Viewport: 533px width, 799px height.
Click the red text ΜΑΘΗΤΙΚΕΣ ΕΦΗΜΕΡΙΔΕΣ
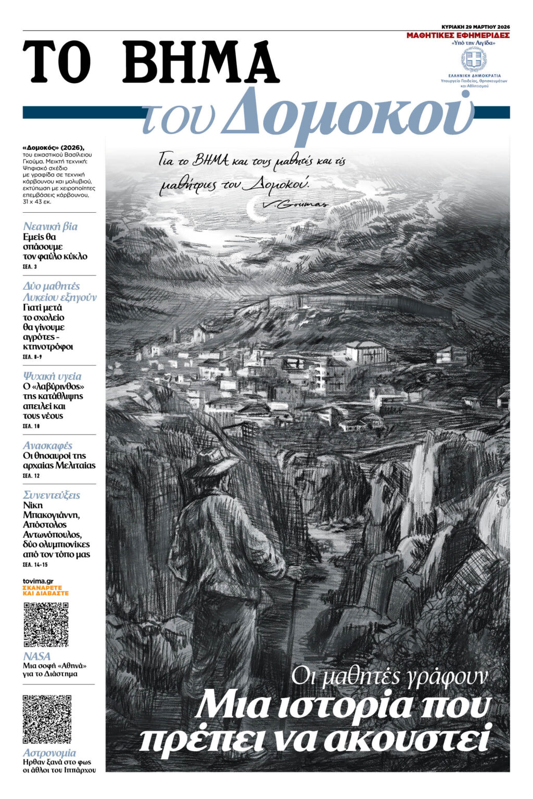[458, 35]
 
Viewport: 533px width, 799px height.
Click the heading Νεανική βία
[50, 226]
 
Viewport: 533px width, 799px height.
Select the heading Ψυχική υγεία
[52, 376]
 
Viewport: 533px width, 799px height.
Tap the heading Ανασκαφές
[47, 446]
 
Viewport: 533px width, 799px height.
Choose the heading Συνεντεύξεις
[52, 495]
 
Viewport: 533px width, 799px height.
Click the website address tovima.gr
[38, 581]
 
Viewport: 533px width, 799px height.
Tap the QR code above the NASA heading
[46, 624]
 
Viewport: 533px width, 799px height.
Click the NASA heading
[37, 656]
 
